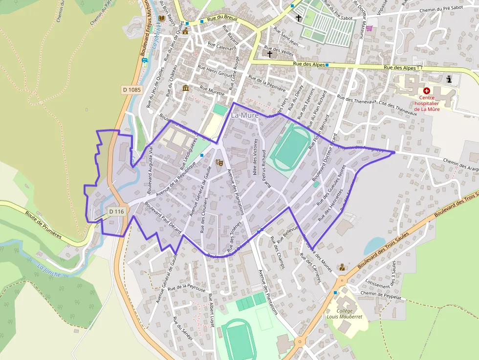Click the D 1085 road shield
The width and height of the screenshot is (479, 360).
pyautogui.click(x=131, y=90)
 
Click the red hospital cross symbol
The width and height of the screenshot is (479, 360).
pyautogui.click(x=427, y=91)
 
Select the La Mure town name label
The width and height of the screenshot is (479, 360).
pyautogui.click(x=245, y=115)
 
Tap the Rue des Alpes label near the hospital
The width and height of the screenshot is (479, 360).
pyautogui.click(x=400, y=67)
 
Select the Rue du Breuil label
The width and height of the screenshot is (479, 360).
pyautogui.click(x=222, y=19)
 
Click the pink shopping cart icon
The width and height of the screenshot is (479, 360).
pyautogui.click(x=369, y=28)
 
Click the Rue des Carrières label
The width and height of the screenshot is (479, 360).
pyautogui.click(x=311, y=269)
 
